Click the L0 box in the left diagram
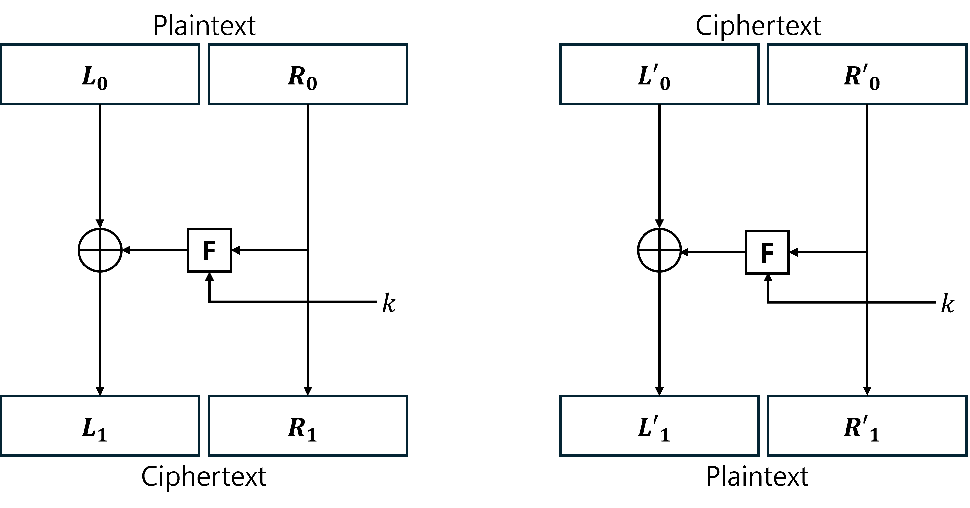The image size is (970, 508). coord(100,74)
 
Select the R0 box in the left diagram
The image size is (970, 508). coord(308,74)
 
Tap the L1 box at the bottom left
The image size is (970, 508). coord(100,426)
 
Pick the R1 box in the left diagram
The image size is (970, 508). coord(308,426)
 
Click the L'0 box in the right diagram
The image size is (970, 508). coord(659,74)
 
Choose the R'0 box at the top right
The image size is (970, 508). coord(867,74)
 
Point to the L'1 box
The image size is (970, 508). coord(659,426)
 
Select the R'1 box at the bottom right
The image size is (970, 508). coord(867,426)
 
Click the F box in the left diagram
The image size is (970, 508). coord(209,250)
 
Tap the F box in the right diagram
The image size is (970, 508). coord(767,252)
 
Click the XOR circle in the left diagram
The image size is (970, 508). coord(100,250)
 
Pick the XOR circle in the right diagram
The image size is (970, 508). coord(659,250)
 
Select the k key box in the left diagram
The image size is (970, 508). coord(394,301)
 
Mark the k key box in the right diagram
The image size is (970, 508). coord(952,302)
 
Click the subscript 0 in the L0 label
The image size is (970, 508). coord(102,83)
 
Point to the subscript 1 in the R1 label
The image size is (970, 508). coord(311,435)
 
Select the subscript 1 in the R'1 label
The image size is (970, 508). coord(875,435)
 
